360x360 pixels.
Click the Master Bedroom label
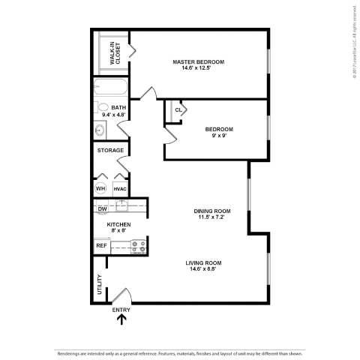(x=198, y=61)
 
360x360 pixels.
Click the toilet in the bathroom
(x=103, y=107)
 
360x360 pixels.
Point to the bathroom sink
(x=100, y=130)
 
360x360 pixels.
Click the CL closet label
(x=178, y=109)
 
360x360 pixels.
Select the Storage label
(x=110, y=151)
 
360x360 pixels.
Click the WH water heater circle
(x=100, y=189)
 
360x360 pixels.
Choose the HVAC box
(x=119, y=189)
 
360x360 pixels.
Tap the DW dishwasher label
(x=102, y=208)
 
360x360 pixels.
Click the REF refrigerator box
(x=101, y=245)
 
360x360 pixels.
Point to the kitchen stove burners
(x=137, y=244)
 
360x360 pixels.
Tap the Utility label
(x=99, y=285)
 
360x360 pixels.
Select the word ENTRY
(x=121, y=309)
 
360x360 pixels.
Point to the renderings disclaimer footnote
(x=179, y=352)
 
